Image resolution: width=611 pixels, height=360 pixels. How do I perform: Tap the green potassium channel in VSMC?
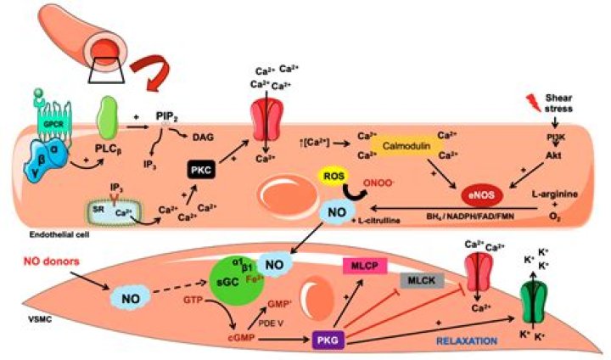539,301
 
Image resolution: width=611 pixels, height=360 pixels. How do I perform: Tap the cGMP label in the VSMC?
212,340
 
